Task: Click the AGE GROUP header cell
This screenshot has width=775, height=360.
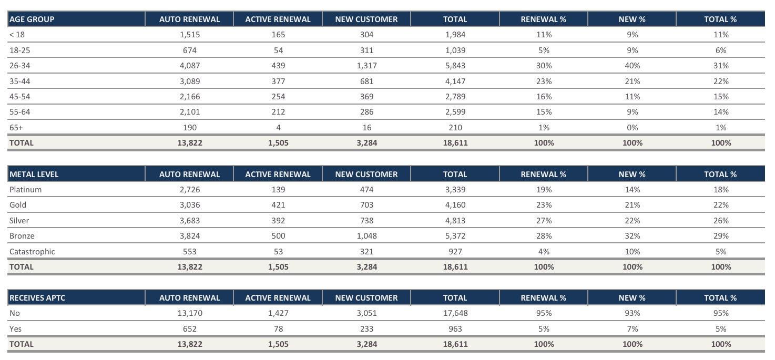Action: [32, 19]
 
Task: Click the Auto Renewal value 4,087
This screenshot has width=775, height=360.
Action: [189, 66]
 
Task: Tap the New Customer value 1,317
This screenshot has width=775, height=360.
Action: [366, 66]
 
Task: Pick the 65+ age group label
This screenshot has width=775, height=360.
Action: [16, 127]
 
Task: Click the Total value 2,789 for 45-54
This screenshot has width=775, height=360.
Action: [455, 97]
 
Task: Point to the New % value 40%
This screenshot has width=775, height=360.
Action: [632, 66]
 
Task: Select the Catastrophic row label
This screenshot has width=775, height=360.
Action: [32, 251]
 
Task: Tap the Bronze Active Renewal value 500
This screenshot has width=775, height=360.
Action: [278, 236]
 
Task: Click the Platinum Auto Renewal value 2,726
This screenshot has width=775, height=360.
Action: [189, 190]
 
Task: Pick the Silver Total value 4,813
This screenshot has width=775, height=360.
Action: [455, 221]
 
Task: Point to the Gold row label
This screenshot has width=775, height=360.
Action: [18, 205]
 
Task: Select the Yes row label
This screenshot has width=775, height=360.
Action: [16, 329]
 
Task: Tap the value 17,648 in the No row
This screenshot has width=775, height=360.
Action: [455, 313]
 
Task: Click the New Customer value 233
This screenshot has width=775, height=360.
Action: [366, 329]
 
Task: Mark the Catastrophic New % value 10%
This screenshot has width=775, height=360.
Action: [632, 251]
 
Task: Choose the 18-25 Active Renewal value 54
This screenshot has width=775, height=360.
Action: [278, 50]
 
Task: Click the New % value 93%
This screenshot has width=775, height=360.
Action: [632, 313]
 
